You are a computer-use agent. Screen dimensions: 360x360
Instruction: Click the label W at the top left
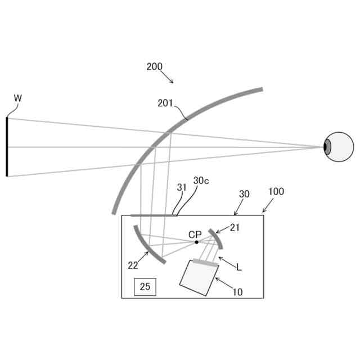click(x=18, y=98)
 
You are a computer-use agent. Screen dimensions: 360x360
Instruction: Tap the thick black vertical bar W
click(x=7, y=146)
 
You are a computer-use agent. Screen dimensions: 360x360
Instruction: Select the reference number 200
click(x=154, y=66)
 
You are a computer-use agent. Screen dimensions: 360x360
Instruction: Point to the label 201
click(x=165, y=103)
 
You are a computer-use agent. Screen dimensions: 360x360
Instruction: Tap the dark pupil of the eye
click(x=326, y=147)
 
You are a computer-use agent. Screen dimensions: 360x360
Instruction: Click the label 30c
click(x=201, y=181)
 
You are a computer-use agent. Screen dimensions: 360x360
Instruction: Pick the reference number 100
click(x=276, y=191)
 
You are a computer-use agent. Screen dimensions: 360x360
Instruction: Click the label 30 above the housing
click(x=244, y=194)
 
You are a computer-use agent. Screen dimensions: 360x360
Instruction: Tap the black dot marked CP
click(x=196, y=242)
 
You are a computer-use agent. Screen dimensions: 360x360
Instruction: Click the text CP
click(x=195, y=234)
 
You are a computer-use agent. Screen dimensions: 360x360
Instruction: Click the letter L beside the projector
click(x=238, y=267)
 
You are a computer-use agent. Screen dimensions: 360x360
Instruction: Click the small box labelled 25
click(x=145, y=286)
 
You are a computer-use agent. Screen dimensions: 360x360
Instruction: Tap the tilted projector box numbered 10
click(x=198, y=276)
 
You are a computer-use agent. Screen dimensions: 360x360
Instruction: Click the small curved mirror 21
click(x=217, y=240)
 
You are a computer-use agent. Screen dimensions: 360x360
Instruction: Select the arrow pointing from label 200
click(x=168, y=78)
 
